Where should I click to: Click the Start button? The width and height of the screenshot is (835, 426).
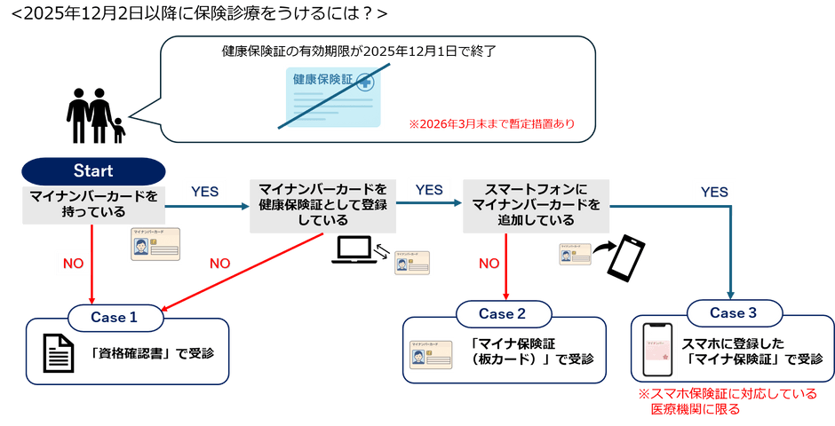click(x=93, y=170)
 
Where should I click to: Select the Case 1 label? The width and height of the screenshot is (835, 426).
click(x=115, y=317)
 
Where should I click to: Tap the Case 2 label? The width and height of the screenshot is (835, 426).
click(x=503, y=313)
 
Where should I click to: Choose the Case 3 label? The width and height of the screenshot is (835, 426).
click(x=734, y=312)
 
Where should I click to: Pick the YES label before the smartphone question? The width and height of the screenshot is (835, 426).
click(x=429, y=190)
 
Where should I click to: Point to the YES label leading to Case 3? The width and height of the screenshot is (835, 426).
click(x=714, y=192)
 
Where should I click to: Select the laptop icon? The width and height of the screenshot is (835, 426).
click(x=356, y=249)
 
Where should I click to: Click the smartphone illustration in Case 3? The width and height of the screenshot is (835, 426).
click(x=658, y=351)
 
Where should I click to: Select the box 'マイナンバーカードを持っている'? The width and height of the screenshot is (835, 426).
click(x=93, y=203)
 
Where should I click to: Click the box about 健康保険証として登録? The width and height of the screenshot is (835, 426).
click(x=322, y=206)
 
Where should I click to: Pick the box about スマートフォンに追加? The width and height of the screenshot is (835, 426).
click(x=537, y=205)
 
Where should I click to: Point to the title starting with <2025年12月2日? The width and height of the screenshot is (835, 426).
click(x=195, y=13)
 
